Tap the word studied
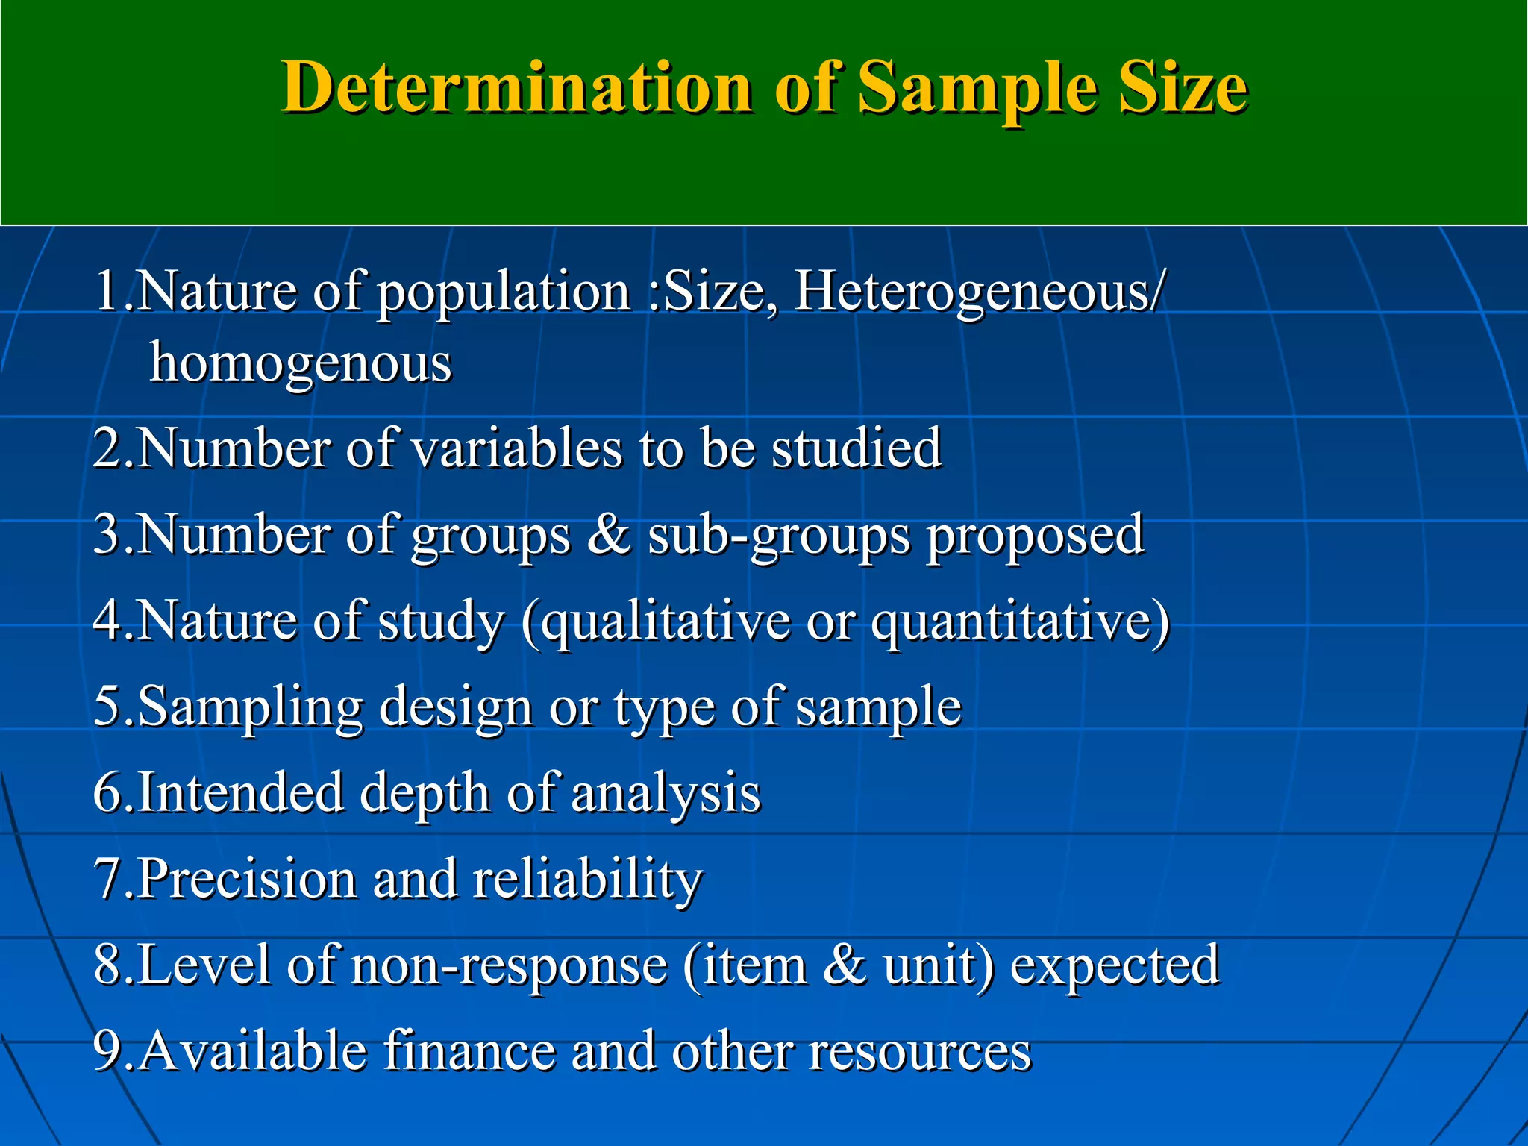(x=857, y=448)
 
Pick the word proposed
(x=1035, y=536)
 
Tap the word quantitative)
(x=1021, y=621)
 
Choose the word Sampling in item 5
(x=251, y=707)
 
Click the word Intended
(x=240, y=792)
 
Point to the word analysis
(x=666, y=793)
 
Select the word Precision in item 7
(x=247, y=878)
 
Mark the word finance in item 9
(x=469, y=1050)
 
